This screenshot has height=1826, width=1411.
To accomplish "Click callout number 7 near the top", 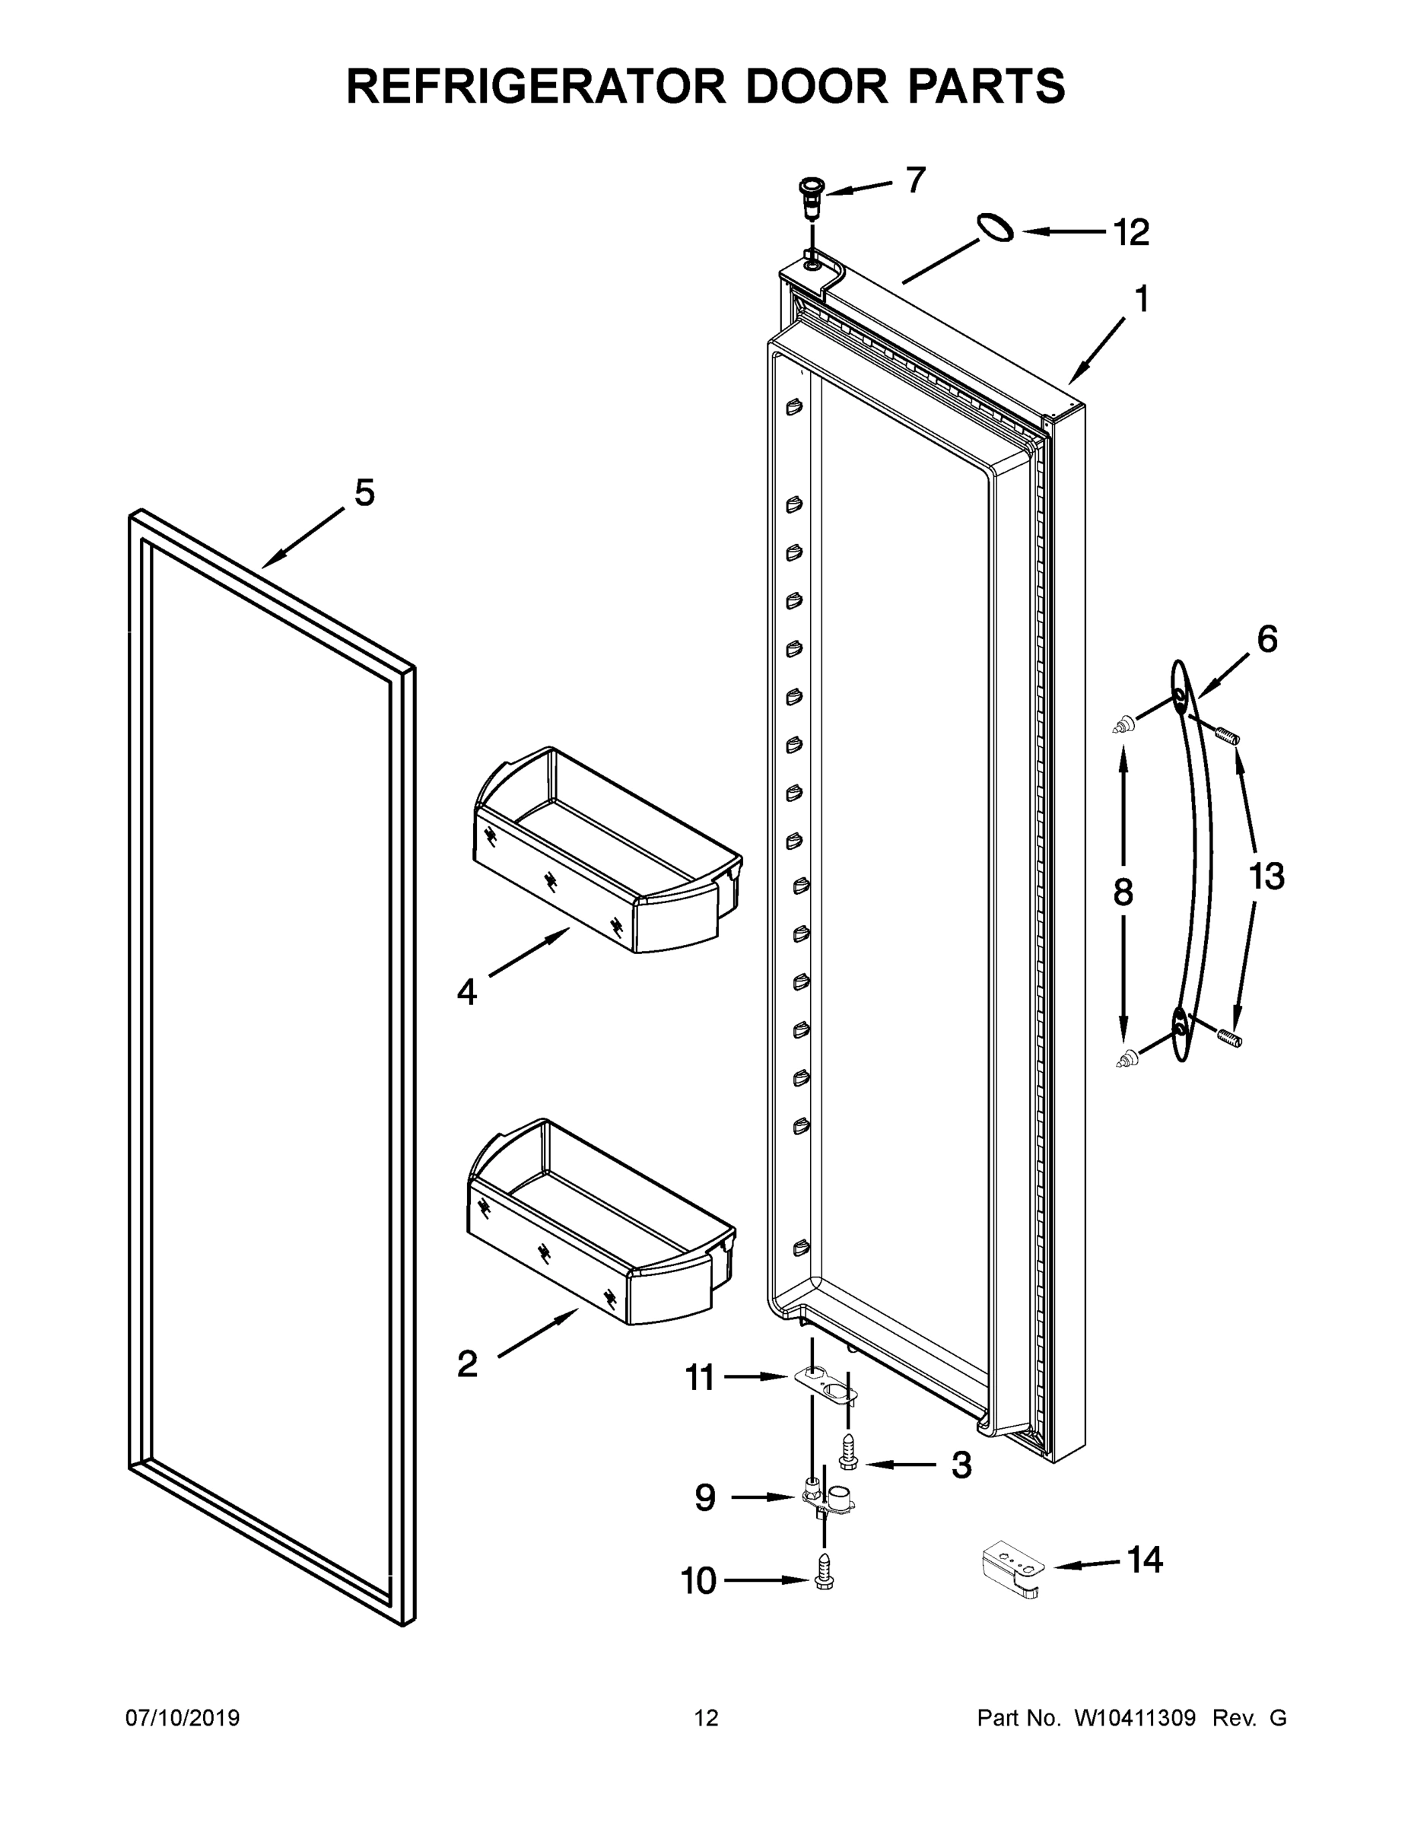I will pos(916,180).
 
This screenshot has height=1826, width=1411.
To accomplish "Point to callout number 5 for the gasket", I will pos(364,492).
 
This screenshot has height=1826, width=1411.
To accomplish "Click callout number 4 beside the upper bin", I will pos(466,992).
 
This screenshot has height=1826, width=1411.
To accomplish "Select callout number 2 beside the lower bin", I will pos(467,1363).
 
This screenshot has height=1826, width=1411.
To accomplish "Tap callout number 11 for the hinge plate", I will pos(701,1377).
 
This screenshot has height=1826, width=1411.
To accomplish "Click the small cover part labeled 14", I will pos(1012,1571).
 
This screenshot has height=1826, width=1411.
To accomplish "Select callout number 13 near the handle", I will pos(1266,877).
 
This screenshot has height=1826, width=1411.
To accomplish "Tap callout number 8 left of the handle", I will pos(1123,893).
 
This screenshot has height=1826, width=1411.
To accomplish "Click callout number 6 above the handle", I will pos(1267,641).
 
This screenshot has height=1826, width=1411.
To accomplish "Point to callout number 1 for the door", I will pos(1142,299).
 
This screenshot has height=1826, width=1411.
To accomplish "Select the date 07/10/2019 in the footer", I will pos(183,1718).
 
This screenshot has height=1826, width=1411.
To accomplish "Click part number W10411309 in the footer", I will pos(1134,1718).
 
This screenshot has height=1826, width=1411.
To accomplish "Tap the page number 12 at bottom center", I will pos(707,1718).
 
